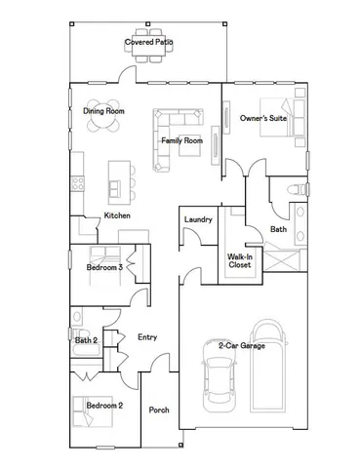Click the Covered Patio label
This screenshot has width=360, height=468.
click(149, 43)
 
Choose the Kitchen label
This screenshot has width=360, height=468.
click(117, 215)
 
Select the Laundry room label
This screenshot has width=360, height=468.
click(198, 220)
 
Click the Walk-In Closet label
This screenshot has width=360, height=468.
click(240, 260)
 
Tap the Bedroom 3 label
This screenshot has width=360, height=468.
click(104, 266)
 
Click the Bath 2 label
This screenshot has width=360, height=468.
click(86, 340)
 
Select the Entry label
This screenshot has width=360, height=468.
click(147, 337)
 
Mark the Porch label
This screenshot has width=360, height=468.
click(159, 410)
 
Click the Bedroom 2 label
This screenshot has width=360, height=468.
click(104, 404)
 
